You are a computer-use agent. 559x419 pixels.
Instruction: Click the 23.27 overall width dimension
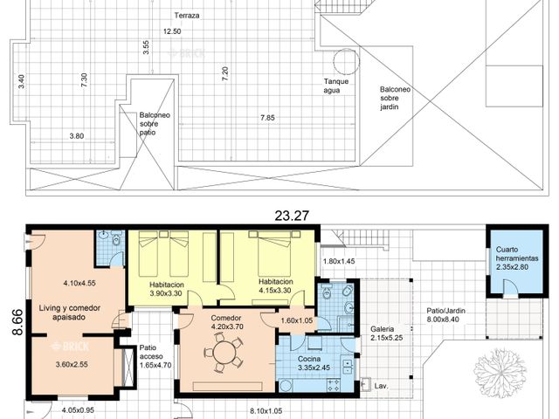point(292,216)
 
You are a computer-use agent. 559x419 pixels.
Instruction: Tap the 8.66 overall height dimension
point(17,322)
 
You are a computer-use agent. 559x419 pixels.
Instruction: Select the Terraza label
point(187,16)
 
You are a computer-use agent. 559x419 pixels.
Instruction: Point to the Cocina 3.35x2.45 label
point(314,363)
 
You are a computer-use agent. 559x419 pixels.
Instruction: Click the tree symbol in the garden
point(500,373)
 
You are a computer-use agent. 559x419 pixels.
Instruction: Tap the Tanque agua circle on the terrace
point(345,61)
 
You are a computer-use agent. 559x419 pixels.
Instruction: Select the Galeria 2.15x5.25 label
point(386,333)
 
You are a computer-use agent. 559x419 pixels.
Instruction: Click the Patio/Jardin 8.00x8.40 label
point(443,315)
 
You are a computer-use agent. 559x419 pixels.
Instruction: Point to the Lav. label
point(381,386)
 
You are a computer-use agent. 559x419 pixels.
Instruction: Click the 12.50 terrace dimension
point(172,31)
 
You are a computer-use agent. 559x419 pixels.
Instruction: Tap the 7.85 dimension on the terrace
point(267,118)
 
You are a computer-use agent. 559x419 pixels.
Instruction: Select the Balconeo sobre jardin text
point(395,98)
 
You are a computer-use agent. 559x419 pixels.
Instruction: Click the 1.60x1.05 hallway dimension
point(297,320)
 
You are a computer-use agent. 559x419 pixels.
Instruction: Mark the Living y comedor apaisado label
point(70,313)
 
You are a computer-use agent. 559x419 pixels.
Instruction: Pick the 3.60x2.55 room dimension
point(72,365)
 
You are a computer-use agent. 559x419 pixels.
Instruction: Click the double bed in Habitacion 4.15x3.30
point(274,253)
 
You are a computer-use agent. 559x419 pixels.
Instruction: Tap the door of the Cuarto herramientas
point(510,287)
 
